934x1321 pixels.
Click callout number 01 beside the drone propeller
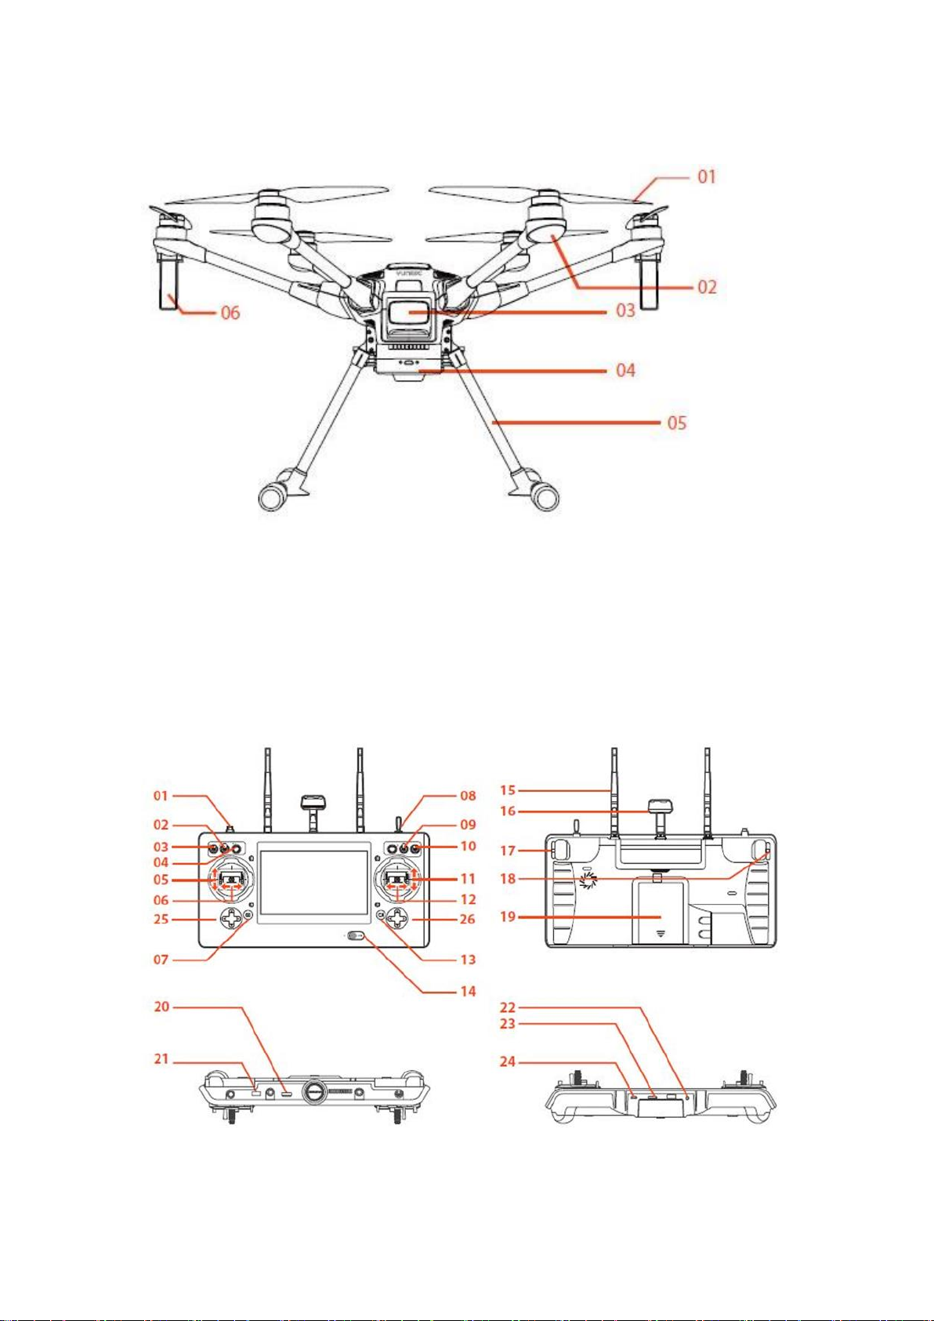[707, 177]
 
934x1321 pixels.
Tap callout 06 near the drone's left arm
[230, 313]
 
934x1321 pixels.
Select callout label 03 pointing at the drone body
[625, 310]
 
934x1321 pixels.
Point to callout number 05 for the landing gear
[677, 423]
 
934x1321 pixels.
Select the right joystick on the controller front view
[398, 880]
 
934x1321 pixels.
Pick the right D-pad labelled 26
[398, 918]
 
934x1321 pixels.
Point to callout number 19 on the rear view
[508, 917]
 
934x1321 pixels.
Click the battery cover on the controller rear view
[660, 913]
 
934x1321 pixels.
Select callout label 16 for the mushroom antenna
[508, 811]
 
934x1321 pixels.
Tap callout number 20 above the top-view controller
[161, 1007]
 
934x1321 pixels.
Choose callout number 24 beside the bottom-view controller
[508, 1062]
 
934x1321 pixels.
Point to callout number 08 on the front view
[468, 796]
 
